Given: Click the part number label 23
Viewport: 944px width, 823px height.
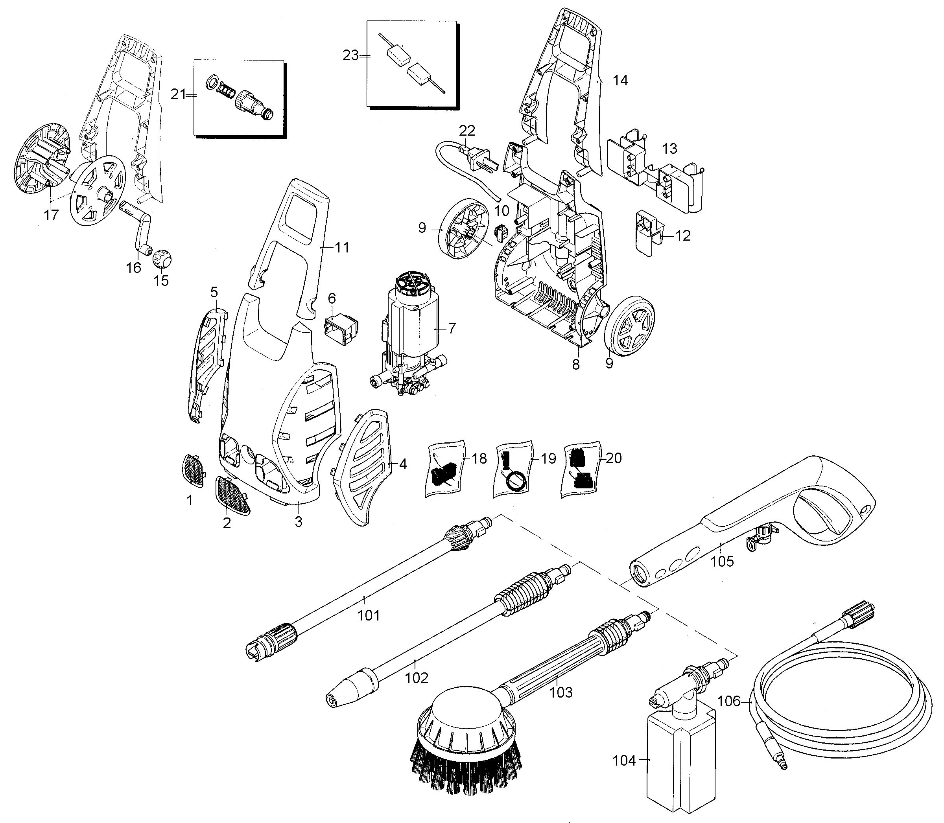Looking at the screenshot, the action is coord(350,55).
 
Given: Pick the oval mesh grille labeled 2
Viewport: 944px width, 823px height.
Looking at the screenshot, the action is coord(233,495).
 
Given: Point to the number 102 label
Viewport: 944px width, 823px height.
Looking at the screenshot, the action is coord(417,678).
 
